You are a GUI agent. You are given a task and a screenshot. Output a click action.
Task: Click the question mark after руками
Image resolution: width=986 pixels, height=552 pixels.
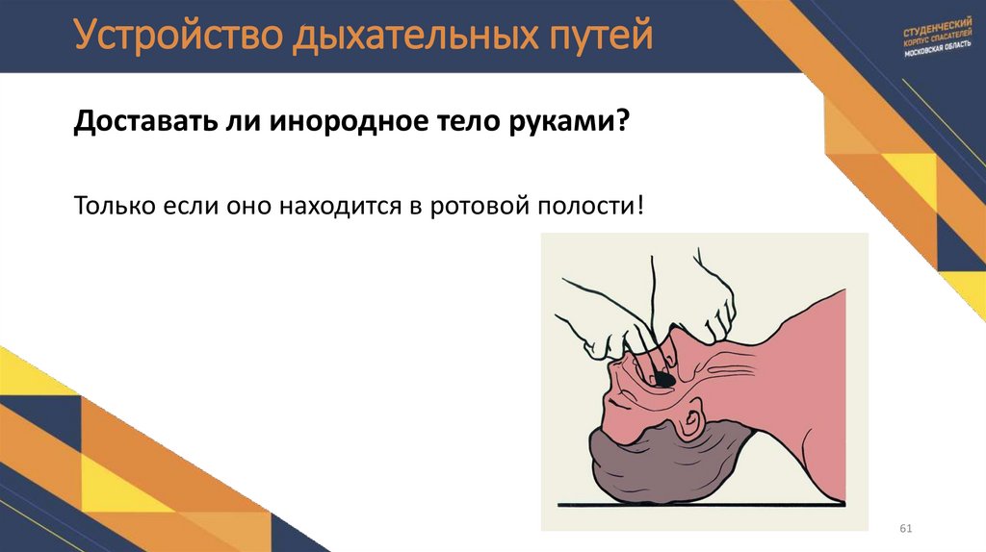coord(623,125)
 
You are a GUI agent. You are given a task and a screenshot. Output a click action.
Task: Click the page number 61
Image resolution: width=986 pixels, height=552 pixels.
coord(905,528)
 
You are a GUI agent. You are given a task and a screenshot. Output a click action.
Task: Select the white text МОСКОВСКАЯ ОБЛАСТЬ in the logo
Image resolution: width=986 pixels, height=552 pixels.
coord(935,53)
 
